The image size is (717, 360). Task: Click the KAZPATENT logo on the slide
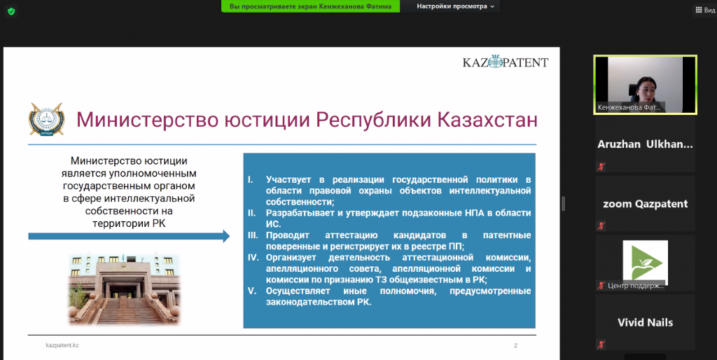point(506,62)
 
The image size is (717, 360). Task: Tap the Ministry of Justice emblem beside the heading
point(47,119)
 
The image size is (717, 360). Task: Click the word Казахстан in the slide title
point(487,120)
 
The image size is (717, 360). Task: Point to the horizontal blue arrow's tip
point(230,236)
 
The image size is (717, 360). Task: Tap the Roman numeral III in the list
point(253,235)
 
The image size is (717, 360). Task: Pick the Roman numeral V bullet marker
point(252,291)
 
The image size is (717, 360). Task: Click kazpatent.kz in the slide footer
point(62,345)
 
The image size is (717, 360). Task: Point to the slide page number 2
point(515,346)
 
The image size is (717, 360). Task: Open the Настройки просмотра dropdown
point(455,6)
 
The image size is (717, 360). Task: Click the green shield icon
point(11,11)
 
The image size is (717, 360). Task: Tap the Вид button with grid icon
point(704,10)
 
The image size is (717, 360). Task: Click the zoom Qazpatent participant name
point(645,204)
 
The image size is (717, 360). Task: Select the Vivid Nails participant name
point(645,322)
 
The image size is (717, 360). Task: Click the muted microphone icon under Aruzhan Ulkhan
point(601,167)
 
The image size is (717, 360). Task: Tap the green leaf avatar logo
point(645,262)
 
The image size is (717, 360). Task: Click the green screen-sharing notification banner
point(310,6)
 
